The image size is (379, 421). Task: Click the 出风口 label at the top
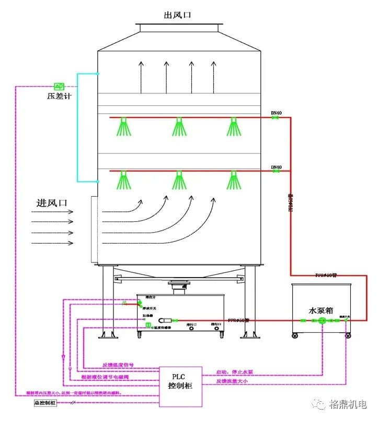178,15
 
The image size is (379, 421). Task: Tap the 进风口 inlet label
52,202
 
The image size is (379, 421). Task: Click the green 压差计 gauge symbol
59,86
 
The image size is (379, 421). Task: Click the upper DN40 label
276,113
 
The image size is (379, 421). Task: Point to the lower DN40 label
276,167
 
